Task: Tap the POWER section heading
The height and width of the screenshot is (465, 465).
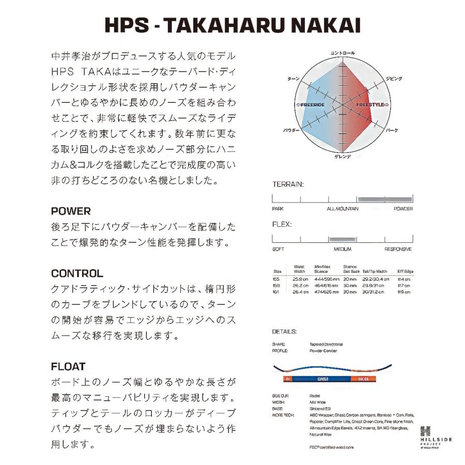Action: pyautogui.click(x=71, y=211)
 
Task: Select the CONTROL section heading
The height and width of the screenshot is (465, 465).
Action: pyautogui.click(x=77, y=274)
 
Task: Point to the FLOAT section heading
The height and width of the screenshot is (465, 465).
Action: pyautogui.click(x=68, y=367)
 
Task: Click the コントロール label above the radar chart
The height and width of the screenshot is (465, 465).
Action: pyautogui.click(x=343, y=53)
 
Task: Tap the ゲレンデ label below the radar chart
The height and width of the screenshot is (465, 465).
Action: pyautogui.click(x=343, y=156)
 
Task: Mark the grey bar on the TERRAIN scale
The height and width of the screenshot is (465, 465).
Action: pyautogui.click(x=385, y=199)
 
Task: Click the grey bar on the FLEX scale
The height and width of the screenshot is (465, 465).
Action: pyautogui.click(x=343, y=239)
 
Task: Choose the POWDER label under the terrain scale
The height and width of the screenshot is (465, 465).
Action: pyautogui.click(x=403, y=209)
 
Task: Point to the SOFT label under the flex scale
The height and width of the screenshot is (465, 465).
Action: pyautogui.click(x=278, y=249)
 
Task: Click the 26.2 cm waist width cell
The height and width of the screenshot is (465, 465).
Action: pyautogui.click(x=301, y=285)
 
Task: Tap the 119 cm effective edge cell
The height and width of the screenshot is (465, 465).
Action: pyautogui.click(x=404, y=292)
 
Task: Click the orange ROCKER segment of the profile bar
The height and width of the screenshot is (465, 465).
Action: pyautogui.click(x=362, y=379)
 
